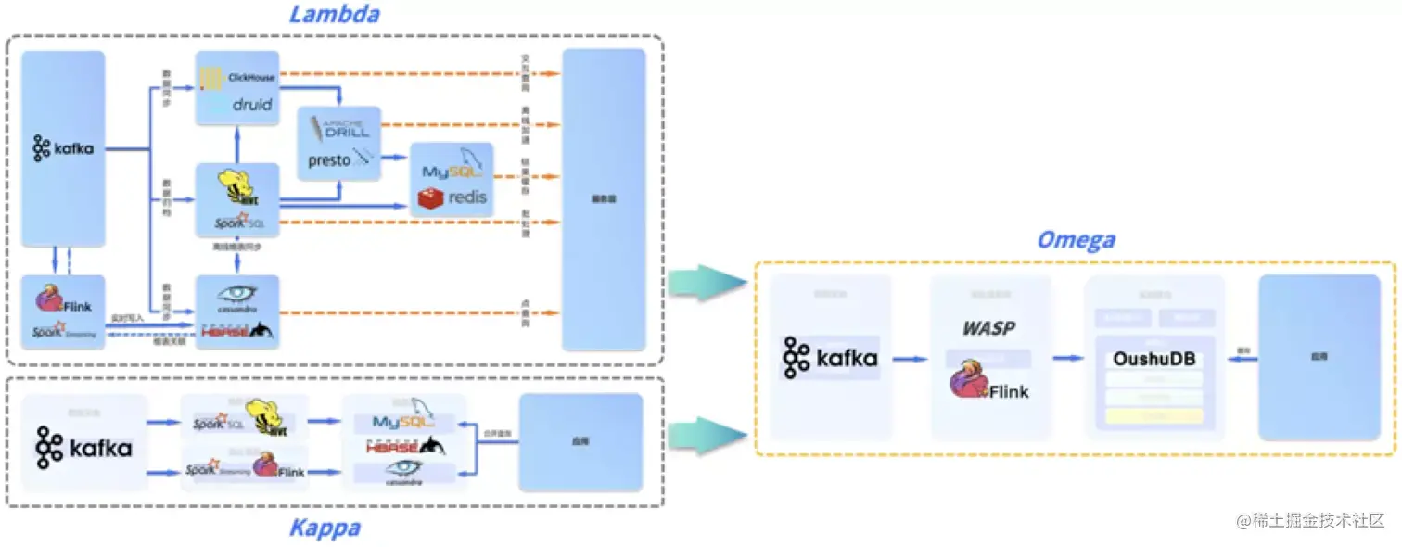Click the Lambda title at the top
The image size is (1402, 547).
click(x=335, y=15)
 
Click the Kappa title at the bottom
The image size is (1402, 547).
click(x=325, y=528)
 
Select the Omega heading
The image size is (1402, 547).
click(x=1076, y=240)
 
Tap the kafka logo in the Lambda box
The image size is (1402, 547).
click(x=63, y=148)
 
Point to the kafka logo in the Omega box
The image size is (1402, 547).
click(x=830, y=358)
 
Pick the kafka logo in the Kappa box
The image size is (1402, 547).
click(x=83, y=448)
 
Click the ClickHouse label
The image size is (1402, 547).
click(x=251, y=78)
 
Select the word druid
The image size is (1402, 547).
click(x=251, y=105)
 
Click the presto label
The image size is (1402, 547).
click(x=329, y=160)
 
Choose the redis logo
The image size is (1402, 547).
click(x=453, y=197)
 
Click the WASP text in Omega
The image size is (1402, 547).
click(x=988, y=328)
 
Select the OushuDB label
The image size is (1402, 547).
click(x=1154, y=358)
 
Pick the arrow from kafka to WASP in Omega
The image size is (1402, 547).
click(x=910, y=359)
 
